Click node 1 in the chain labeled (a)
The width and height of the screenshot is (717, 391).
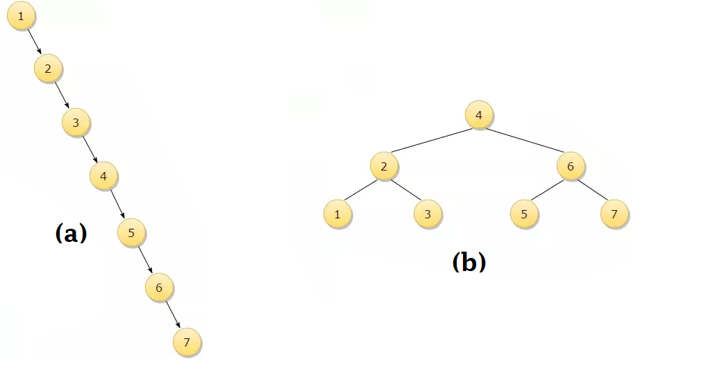[x=22, y=17]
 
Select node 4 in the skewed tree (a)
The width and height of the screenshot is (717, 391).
[x=103, y=176]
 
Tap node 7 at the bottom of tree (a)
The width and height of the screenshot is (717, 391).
[x=187, y=342]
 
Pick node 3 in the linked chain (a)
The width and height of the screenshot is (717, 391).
[x=76, y=123]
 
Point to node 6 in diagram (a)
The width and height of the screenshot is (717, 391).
[x=159, y=287]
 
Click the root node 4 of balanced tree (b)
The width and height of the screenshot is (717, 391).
[x=479, y=115]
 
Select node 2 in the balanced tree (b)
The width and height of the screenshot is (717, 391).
[x=384, y=166]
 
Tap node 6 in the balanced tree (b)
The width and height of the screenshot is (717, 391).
[x=571, y=166]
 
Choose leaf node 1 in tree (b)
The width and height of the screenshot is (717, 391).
[x=337, y=214]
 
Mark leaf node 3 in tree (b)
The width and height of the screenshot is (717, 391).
[x=428, y=214]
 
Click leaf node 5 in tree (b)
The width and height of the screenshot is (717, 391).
[x=524, y=214]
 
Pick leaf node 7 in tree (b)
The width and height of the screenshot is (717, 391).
[x=614, y=214]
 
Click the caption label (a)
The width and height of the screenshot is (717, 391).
[x=71, y=234]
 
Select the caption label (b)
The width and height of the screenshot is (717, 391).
[x=469, y=262]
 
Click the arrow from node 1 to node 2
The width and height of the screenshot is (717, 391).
[x=35, y=42]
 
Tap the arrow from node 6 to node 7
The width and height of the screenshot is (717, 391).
[x=173, y=315]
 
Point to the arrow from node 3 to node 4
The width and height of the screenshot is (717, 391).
[x=90, y=150]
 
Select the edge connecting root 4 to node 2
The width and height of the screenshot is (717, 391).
[x=431, y=141]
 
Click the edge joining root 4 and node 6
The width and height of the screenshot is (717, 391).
[x=525, y=141]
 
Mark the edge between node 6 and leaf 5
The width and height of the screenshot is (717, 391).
[x=547, y=191]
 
